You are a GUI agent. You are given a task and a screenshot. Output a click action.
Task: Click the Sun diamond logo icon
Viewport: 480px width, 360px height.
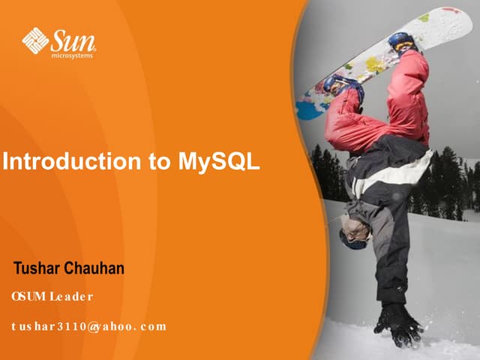[35, 40]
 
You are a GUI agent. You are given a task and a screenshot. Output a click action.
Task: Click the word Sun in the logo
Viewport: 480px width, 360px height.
[73, 38]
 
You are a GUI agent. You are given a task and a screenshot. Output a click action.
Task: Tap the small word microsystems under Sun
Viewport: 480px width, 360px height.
[73, 55]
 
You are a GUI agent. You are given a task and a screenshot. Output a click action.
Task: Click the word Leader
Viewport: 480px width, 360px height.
[71, 296]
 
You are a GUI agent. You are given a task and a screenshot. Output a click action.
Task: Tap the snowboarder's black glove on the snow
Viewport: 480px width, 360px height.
[397, 324]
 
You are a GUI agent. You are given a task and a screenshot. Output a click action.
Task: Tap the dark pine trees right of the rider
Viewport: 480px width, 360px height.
[450, 180]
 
